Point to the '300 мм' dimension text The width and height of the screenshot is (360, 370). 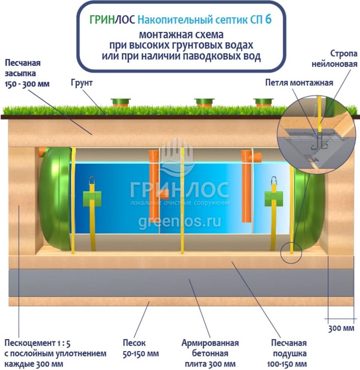click(x=341, y=328)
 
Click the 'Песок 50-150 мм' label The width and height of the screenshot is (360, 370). click(x=141, y=348)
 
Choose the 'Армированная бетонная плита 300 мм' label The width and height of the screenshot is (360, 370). click(x=210, y=353)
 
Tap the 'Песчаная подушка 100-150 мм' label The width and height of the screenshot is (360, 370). click(x=289, y=353)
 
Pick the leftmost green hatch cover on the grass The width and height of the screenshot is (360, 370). click(x=121, y=102)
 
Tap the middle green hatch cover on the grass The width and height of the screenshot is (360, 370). click(x=204, y=102)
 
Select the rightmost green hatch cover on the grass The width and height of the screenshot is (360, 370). click(x=264, y=102)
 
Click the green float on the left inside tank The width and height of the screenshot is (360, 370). click(x=92, y=197)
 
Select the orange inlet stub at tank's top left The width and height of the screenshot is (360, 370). click(x=43, y=152)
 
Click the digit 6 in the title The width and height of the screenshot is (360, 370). click(x=268, y=19)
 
